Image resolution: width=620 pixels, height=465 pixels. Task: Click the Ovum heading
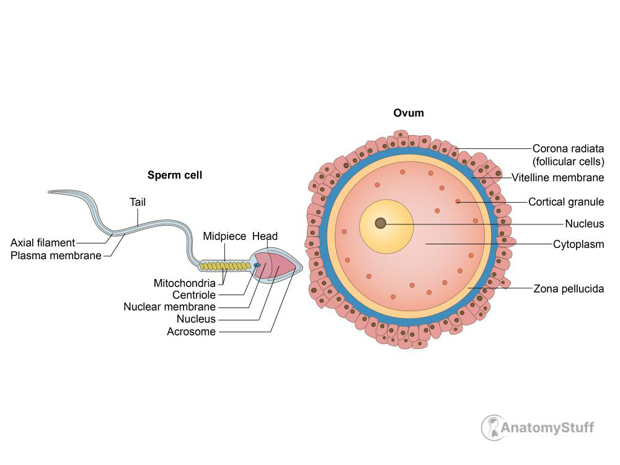click(x=409, y=113)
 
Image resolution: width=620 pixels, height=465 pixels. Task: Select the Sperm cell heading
click(x=175, y=175)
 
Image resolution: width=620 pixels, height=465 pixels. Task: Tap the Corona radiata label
click(x=568, y=148)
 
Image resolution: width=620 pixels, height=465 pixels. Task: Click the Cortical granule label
click(x=566, y=201)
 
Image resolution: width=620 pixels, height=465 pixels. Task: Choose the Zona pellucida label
click(x=569, y=288)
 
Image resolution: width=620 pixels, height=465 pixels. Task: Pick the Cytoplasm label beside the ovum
click(x=578, y=244)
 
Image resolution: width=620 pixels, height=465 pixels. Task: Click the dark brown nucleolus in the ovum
click(x=381, y=223)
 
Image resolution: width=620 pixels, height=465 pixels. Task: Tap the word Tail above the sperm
click(x=138, y=202)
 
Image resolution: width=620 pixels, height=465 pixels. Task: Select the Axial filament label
click(x=43, y=242)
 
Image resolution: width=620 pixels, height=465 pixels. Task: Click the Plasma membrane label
click(x=56, y=255)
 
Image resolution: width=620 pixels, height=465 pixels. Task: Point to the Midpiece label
click(x=224, y=236)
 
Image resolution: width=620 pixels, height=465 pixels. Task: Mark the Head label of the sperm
click(x=265, y=236)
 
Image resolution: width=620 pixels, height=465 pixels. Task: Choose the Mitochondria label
click(x=185, y=283)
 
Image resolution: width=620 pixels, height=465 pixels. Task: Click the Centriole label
click(x=194, y=295)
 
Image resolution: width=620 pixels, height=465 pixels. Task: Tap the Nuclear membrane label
click(x=170, y=307)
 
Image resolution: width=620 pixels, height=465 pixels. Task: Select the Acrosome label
click(x=192, y=332)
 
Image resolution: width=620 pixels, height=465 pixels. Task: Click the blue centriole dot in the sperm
click(x=257, y=265)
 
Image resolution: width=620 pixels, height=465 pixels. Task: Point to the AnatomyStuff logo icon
click(x=493, y=427)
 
